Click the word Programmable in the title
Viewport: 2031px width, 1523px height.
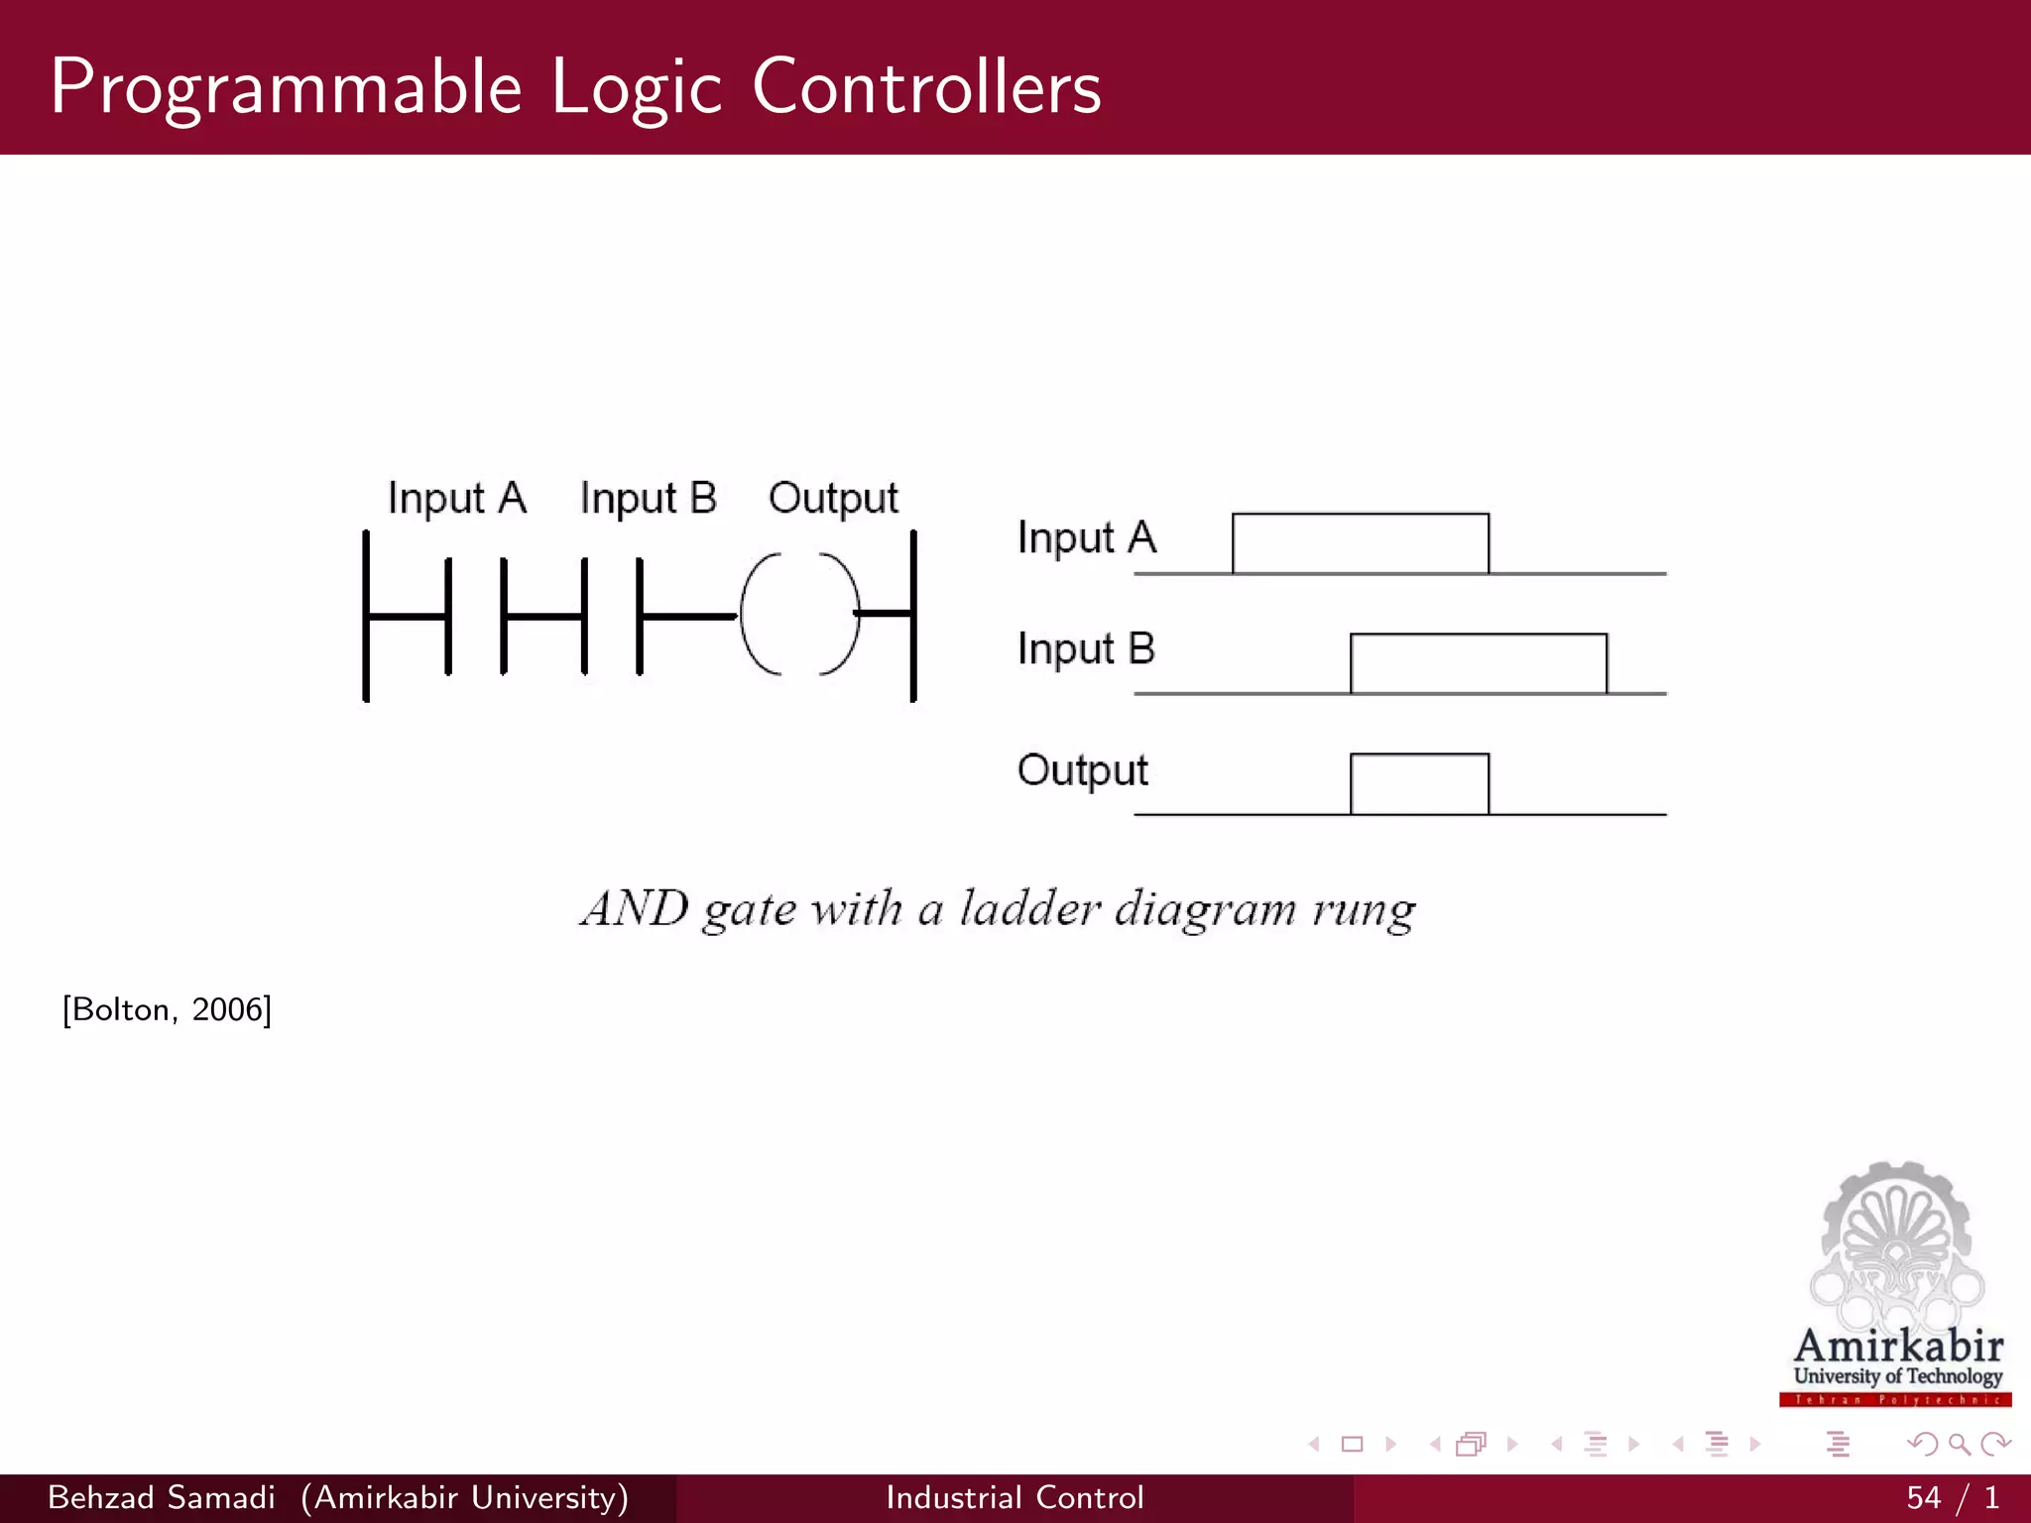[286, 87]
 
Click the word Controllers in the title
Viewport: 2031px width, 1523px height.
[926, 87]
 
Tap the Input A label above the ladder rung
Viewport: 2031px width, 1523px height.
[456, 498]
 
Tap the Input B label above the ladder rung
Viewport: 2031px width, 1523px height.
[648, 498]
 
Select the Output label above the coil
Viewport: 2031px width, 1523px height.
[833, 498]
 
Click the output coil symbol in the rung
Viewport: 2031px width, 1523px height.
[799, 615]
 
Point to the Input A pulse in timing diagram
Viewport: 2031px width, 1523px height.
[1360, 543]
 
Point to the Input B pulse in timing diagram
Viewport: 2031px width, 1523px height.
[1478, 663]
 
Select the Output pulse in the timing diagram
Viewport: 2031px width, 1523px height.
[1419, 783]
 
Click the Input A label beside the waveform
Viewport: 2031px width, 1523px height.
[1087, 538]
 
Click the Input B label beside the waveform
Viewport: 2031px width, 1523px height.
[1086, 649]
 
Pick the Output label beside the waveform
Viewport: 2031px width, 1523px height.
[1082, 770]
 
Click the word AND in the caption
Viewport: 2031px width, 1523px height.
[635, 908]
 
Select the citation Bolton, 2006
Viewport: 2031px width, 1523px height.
[167, 1009]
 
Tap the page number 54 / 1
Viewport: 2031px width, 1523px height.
[1952, 1497]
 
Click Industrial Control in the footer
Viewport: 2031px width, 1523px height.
[1015, 1497]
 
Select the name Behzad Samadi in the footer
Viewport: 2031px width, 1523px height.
[161, 1497]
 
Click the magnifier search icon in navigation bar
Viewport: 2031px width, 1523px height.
[1959, 1444]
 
